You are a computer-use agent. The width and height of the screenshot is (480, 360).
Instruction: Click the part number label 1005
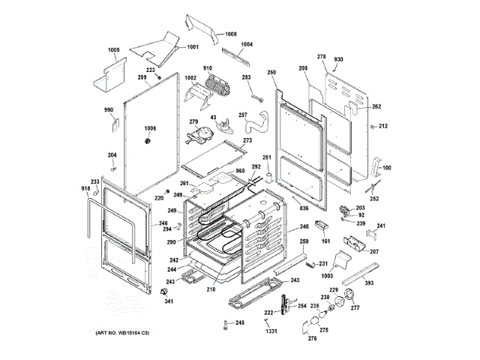[x=113, y=50]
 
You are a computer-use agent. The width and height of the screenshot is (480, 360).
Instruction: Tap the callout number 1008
[x=230, y=34]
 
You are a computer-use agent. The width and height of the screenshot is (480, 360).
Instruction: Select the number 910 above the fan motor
[x=207, y=69]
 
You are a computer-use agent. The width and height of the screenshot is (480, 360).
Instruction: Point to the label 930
[x=338, y=58]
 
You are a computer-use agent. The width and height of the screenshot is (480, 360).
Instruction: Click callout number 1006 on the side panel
[x=151, y=128]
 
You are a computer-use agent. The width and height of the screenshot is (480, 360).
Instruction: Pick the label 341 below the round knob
[x=169, y=301]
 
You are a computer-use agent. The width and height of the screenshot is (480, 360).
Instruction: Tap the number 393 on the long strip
[x=369, y=284]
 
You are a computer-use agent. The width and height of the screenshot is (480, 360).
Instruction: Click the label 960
[x=241, y=172]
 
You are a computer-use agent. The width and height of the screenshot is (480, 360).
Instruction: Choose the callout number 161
[x=325, y=241]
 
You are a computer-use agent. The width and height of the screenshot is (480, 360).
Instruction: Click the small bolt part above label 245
[x=225, y=323]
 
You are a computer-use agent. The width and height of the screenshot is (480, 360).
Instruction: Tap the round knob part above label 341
[x=161, y=291]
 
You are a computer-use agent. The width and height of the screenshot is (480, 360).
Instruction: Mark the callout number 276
[x=312, y=338]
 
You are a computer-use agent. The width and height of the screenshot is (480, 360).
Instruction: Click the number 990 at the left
[x=108, y=111]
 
